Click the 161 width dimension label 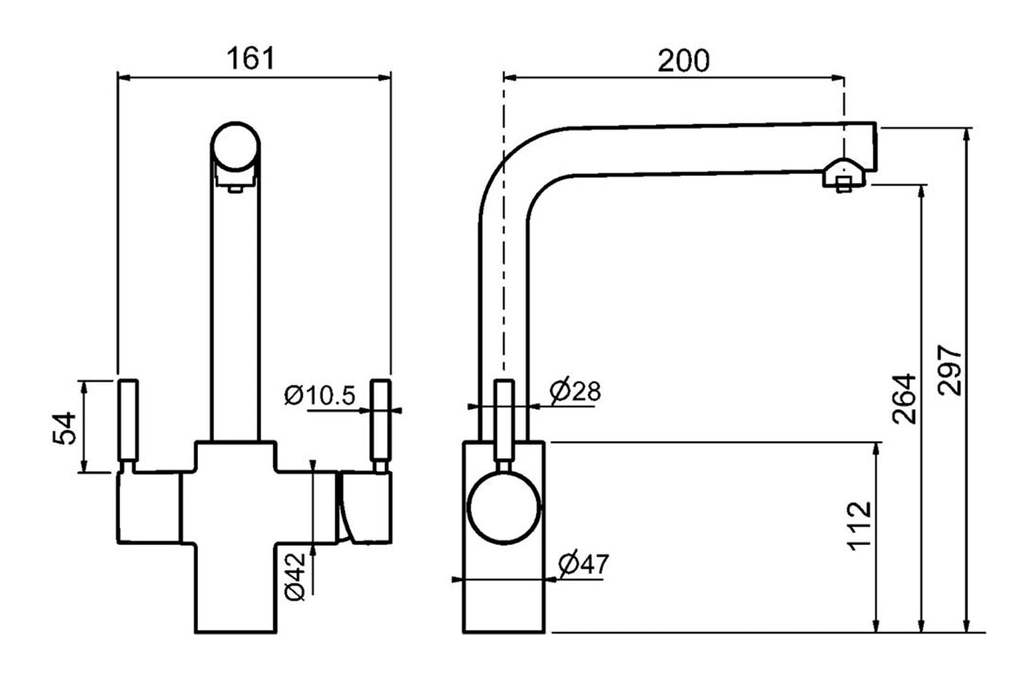pyautogui.click(x=250, y=58)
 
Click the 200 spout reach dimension pyautogui.click(x=683, y=61)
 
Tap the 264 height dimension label pyautogui.click(x=904, y=400)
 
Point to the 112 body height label pyautogui.click(x=859, y=526)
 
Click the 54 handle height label pyautogui.click(x=64, y=428)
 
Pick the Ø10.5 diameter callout pyautogui.click(x=319, y=395)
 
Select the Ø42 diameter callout pyautogui.click(x=295, y=577)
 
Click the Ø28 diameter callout pyautogui.click(x=575, y=391)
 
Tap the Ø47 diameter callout pyautogui.click(x=584, y=563)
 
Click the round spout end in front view pyautogui.click(x=236, y=146)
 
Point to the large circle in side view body pyautogui.click(x=504, y=507)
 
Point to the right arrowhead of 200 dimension pyautogui.click(x=838, y=78)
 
